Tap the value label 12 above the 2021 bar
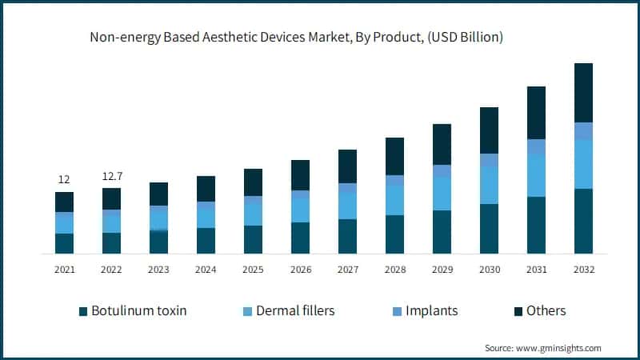coord(64,179)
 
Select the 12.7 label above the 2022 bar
coord(111,176)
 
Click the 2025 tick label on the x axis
coord(253,270)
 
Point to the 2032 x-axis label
coord(584,270)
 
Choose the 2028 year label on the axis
coord(394,270)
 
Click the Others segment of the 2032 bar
coord(584,92)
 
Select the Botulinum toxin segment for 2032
coord(584,222)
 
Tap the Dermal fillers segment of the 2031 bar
coord(537,176)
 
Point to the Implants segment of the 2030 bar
coord(489,160)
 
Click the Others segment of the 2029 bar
coord(442,144)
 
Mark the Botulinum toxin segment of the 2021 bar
coord(64,243)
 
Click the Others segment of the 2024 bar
coord(206,189)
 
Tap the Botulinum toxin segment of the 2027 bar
coord(347,236)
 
